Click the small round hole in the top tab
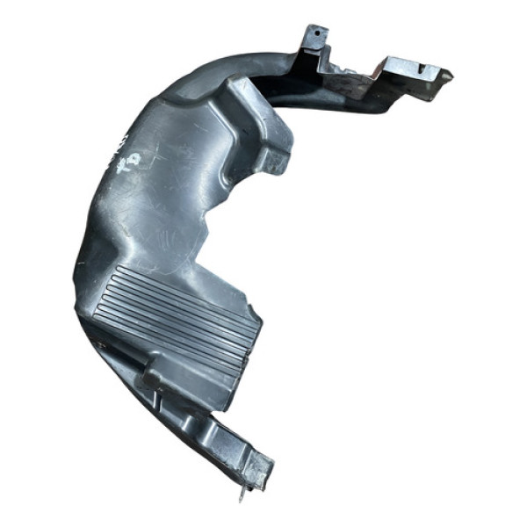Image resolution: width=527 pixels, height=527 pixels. tap(313, 36)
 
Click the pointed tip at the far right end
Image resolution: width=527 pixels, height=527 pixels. tap(450, 76)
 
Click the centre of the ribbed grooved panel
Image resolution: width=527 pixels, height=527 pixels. tap(180, 316)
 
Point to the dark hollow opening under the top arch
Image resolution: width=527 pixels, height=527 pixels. tap(290, 88)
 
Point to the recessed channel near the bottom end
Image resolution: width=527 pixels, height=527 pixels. tap(224, 430)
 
